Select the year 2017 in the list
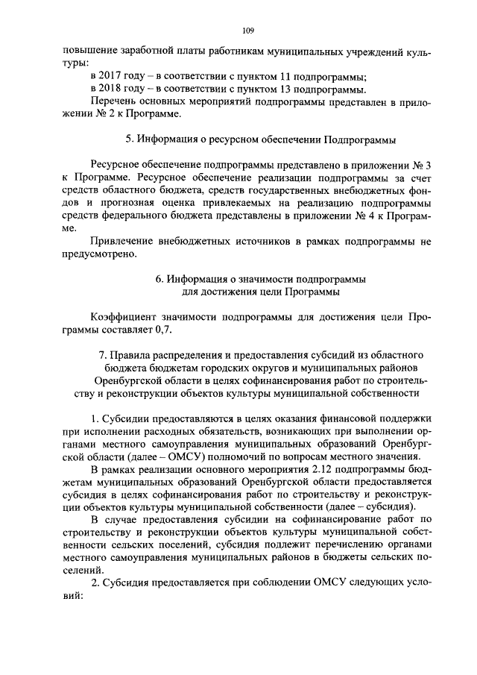[x=113, y=77]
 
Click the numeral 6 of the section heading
[x=159, y=279]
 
